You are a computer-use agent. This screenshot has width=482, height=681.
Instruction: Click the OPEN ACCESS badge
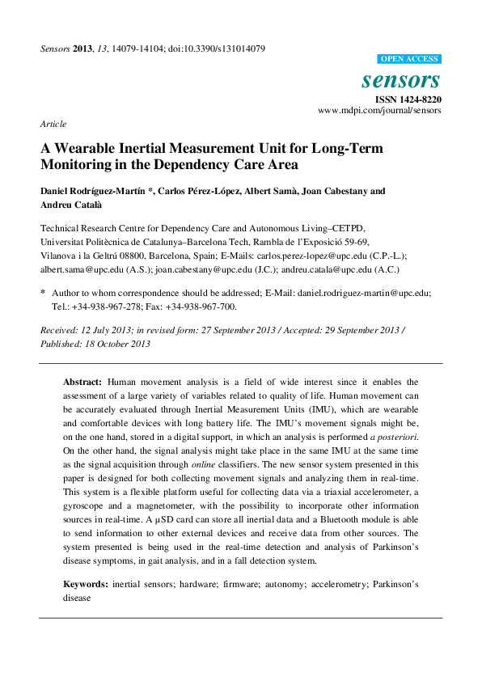[410, 59]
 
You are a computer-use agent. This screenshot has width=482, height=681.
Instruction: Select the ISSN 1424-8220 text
[408, 99]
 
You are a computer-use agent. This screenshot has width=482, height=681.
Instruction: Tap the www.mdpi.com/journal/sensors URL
[379, 110]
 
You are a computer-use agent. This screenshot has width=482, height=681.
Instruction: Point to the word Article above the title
[53, 124]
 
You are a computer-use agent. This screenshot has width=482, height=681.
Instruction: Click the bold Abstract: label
[82, 381]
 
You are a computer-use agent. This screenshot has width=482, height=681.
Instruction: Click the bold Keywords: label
[86, 583]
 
